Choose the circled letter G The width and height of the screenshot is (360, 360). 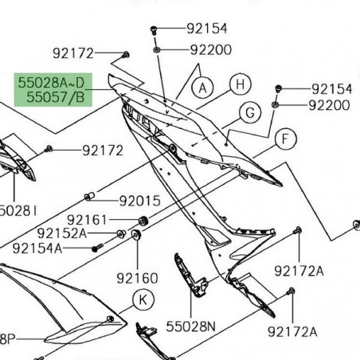tap(249, 112)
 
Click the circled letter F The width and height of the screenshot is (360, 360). tap(281, 140)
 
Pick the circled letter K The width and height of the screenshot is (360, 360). tap(143, 300)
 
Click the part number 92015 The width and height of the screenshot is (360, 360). tap(139, 201)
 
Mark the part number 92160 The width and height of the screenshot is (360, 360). tap(137, 278)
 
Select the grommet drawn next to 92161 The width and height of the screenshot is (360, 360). tap(144, 220)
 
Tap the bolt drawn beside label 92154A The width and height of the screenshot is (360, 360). tap(95, 248)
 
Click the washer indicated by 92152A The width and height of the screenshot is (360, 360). tap(120, 233)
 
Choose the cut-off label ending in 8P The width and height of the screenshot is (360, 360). tap(8, 338)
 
